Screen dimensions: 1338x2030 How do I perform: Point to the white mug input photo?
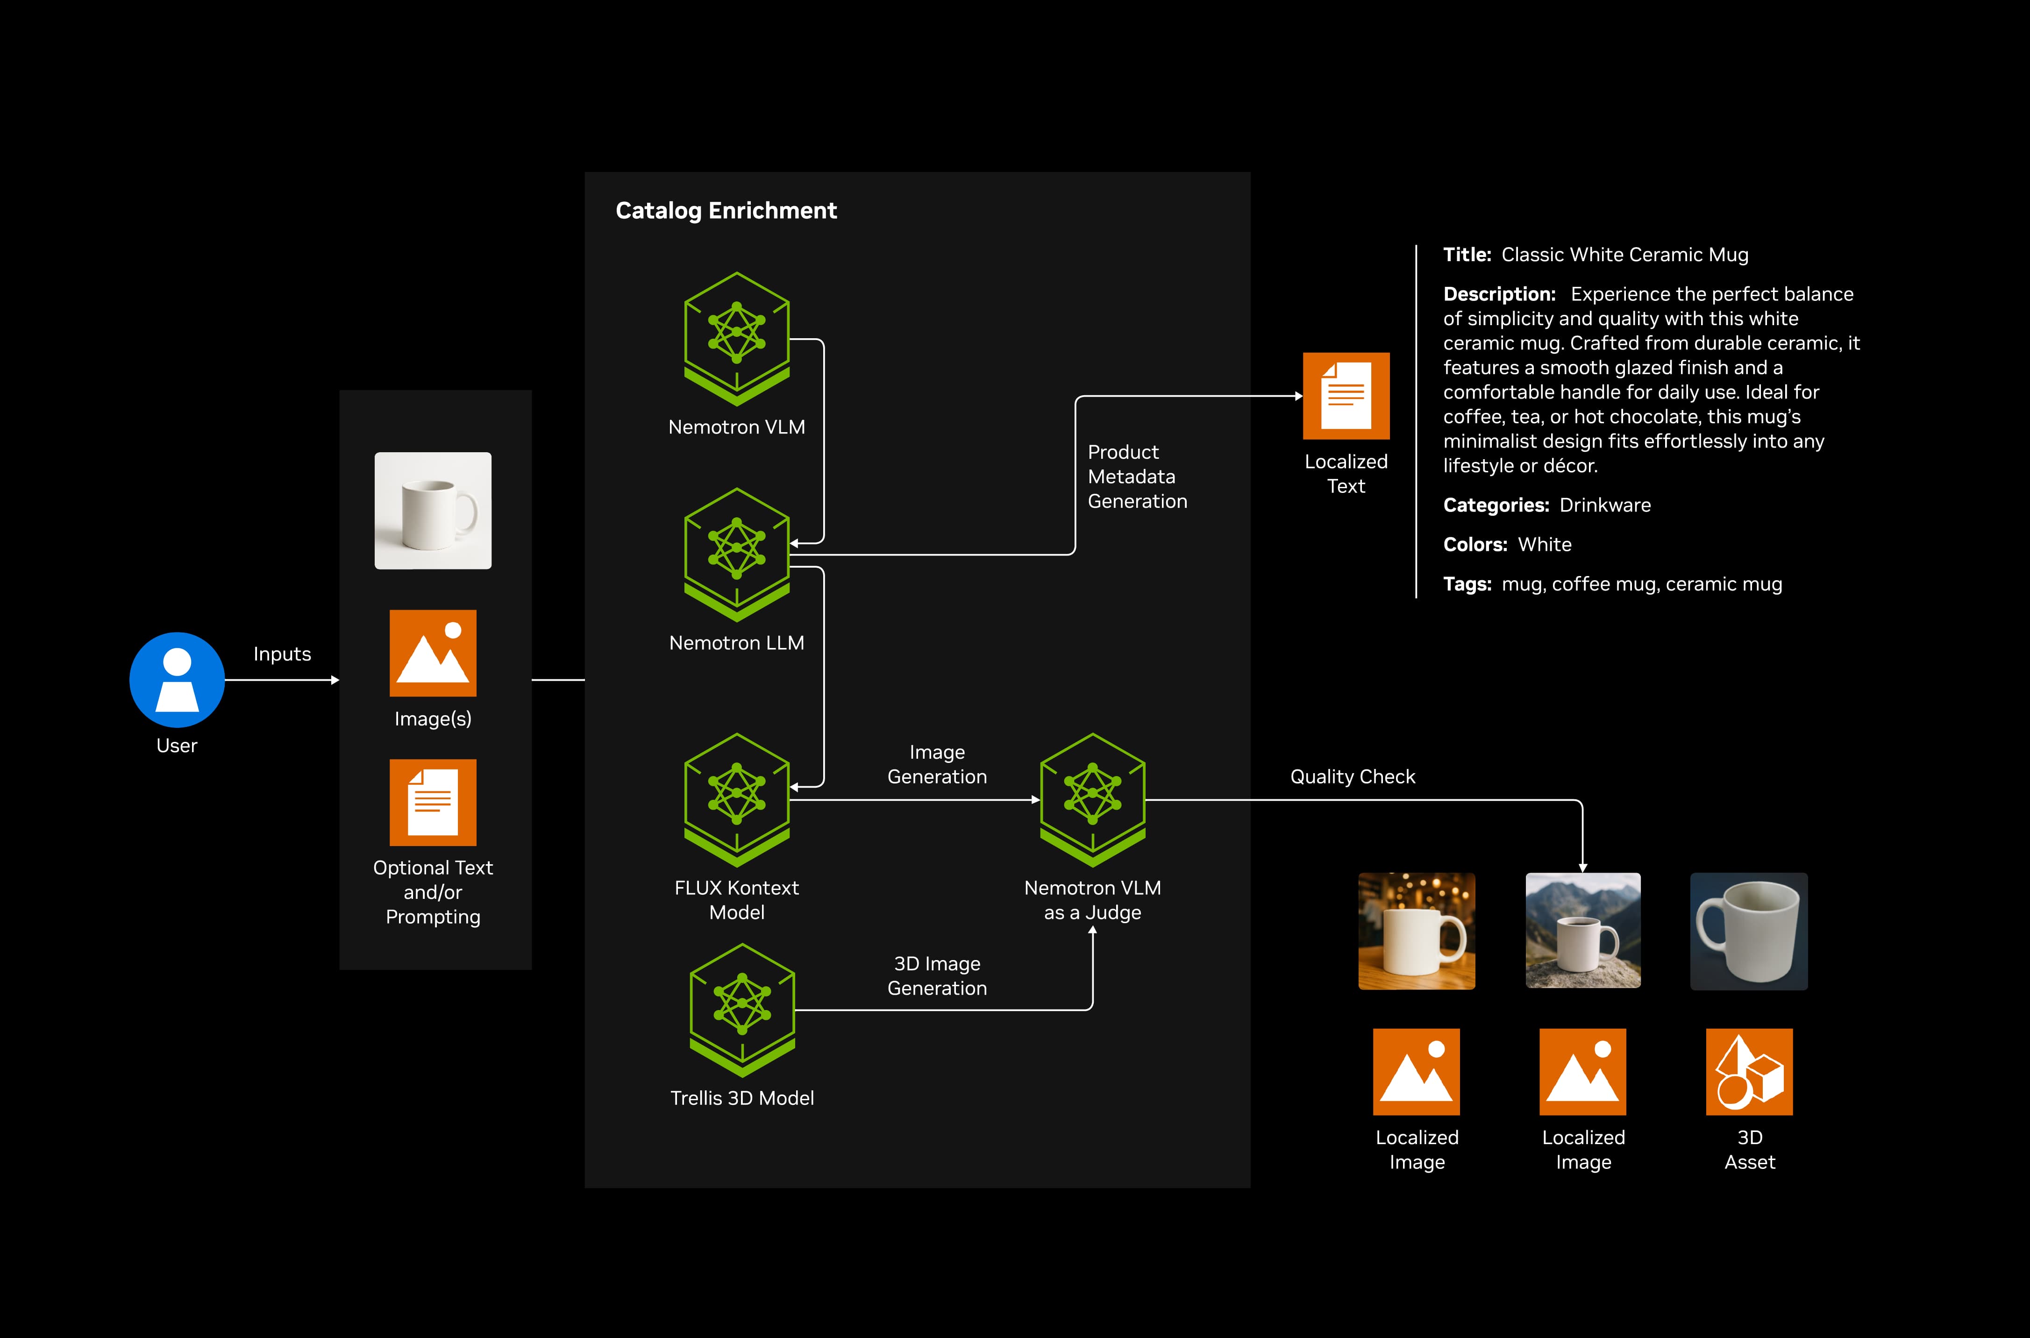click(x=433, y=510)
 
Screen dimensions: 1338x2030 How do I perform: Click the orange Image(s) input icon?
click(x=433, y=653)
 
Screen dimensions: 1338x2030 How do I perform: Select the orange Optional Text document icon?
click(x=433, y=802)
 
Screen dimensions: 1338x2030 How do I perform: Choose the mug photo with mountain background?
click(x=1583, y=930)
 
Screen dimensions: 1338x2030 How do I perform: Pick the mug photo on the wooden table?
click(x=1417, y=930)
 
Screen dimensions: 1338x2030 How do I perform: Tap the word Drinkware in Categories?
click(x=1604, y=505)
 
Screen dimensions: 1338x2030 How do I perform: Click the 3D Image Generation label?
click(x=937, y=975)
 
